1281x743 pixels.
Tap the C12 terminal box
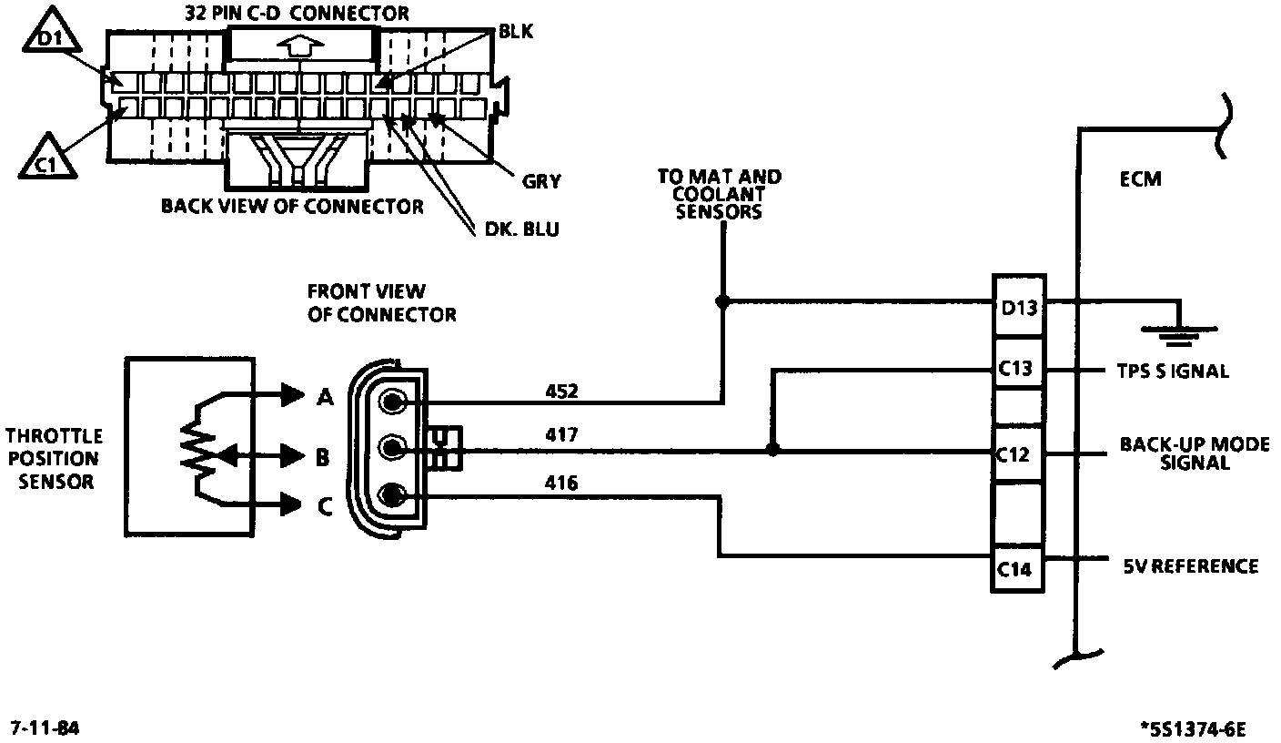[x=1017, y=454]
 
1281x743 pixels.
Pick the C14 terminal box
[x=1017, y=569]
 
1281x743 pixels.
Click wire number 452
[x=561, y=392]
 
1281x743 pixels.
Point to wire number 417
[x=561, y=435]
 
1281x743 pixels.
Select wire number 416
[x=561, y=483]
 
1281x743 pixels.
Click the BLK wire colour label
[x=516, y=32]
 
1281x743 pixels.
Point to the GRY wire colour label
[x=541, y=182]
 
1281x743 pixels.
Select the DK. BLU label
[x=521, y=229]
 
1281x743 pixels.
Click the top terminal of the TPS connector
[x=392, y=402]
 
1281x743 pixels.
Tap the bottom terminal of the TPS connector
[x=392, y=494]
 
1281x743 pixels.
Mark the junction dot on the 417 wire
[x=772, y=450]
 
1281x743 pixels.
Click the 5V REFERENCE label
[x=1191, y=566]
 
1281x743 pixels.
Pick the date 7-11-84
[x=45, y=728]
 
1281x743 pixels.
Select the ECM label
[x=1140, y=179]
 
